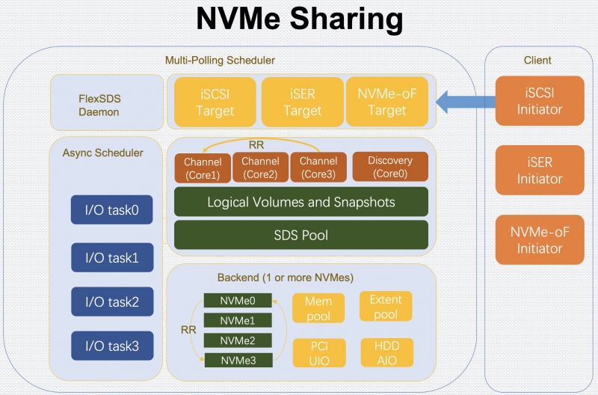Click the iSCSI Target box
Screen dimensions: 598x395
coord(215,102)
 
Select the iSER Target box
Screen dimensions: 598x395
coord(303,102)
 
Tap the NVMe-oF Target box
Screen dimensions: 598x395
coord(386,102)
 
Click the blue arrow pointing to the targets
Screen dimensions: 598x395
coord(465,102)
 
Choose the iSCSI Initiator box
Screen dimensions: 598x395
coord(540,101)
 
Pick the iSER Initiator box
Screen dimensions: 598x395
coord(540,171)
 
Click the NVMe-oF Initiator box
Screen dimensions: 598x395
coord(540,239)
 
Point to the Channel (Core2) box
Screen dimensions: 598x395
coord(260,168)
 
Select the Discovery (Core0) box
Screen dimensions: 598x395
coord(390,167)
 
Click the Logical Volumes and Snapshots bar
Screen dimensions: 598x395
coord(301,201)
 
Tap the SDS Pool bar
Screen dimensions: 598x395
coord(301,235)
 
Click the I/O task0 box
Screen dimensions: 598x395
coord(111,210)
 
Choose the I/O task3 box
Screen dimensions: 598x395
coord(112,346)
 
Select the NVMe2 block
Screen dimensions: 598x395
coord(238,340)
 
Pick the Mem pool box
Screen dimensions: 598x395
coord(318,308)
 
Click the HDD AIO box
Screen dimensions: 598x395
coord(386,352)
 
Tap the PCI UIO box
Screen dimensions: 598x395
coord(319,353)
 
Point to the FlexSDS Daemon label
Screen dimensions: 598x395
coord(99,105)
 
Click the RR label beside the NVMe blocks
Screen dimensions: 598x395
coord(188,330)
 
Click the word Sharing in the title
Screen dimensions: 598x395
coord(346,18)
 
